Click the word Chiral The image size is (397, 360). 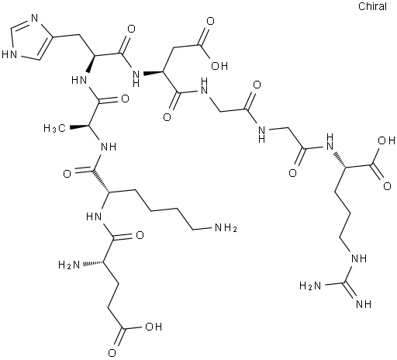click(x=372, y=6)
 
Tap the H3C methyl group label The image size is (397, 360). click(x=55, y=128)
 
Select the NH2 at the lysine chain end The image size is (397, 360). click(x=226, y=228)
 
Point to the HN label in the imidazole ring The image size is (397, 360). click(x=9, y=54)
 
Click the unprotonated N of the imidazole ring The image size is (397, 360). click(x=34, y=19)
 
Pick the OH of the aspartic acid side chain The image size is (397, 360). click(x=219, y=66)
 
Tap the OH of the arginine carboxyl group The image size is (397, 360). click(x=386, y=140)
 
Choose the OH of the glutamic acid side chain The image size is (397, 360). click(x=154, y=327)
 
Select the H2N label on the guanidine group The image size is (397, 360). click(x=310, y=286)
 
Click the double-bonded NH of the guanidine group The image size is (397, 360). click(x=364, y=304)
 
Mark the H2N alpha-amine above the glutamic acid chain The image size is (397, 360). click(x=69, y=265)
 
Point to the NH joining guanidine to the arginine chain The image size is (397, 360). click(x=358, y=258)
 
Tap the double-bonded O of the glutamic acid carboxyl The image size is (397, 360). click(x=112, y=353)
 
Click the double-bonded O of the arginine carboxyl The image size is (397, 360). click(x=387, y=186)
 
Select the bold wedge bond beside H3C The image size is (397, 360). click(x=78, y=126)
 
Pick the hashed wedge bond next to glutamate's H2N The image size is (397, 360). click(x=92, y=263)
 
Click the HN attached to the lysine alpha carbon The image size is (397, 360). click(x=94, y=216)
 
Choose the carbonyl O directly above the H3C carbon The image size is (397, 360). click(x=125, y=99)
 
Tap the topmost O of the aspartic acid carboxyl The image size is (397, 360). click(x=211, y=22)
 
